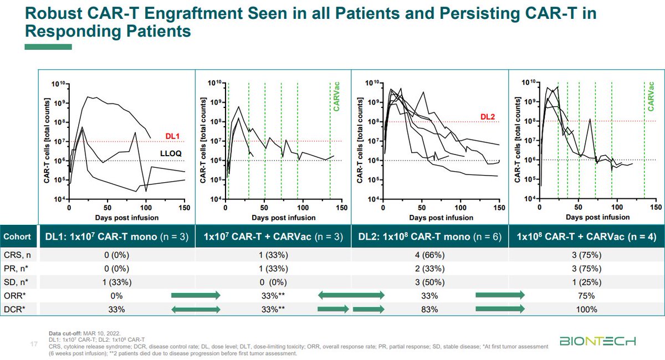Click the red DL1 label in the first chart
pos(172,136)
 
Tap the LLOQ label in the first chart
pos(171,153)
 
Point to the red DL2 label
pos(488,117)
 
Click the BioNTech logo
pos(597,341)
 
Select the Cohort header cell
pos(17,236)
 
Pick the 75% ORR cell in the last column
pos(586,296)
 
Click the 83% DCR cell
pos(429,310)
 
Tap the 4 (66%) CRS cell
pos(429,255)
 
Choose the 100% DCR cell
pos(586,310)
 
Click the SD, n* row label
pos(16,282)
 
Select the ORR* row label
pos(14,296)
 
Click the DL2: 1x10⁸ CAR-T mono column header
pos(429,236)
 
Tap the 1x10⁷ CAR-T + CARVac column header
pos(273,236)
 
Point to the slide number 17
pos(34,344)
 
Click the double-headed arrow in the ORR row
pos(351,295)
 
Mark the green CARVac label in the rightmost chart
pos(651,97)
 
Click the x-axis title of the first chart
pos(127,218)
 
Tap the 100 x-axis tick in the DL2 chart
pos(461,208)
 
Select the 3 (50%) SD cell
pos(429,282)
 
